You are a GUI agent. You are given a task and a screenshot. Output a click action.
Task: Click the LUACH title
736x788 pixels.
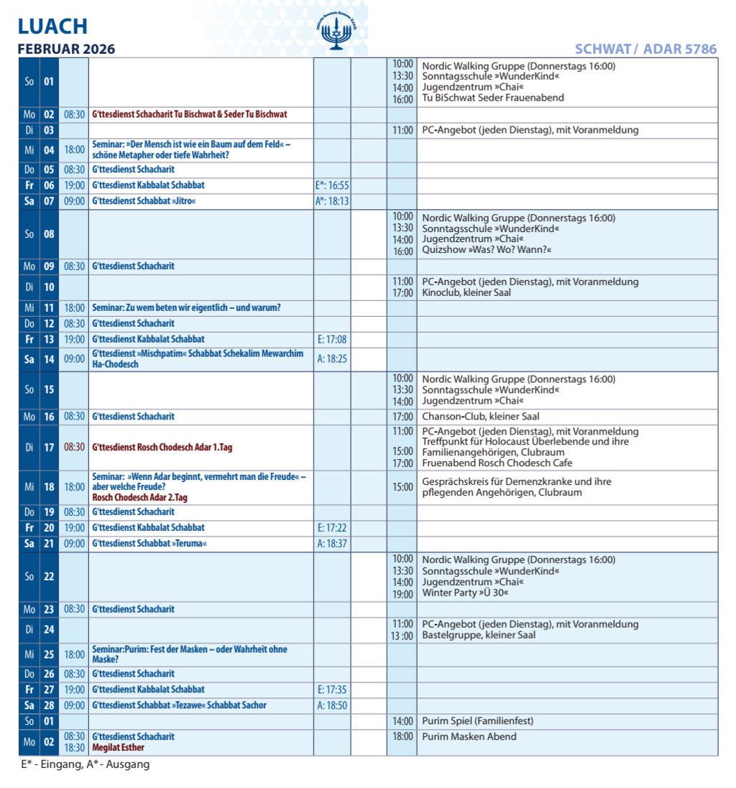[52, 27]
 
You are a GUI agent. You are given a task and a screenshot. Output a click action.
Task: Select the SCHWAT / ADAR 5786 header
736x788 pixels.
[645, 49]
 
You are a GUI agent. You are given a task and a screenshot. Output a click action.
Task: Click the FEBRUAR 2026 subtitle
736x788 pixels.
[66, 49]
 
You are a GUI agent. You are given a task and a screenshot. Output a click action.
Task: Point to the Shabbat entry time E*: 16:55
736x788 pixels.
[332, 185]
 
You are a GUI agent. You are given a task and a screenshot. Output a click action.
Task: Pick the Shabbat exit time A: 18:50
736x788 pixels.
[332, 705]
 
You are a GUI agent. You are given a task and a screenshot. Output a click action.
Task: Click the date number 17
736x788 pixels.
[49, 447]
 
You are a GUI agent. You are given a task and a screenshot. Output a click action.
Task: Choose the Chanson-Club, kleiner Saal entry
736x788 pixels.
[480, 416]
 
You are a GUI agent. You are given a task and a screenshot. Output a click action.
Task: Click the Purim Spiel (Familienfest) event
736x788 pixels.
[477, 720]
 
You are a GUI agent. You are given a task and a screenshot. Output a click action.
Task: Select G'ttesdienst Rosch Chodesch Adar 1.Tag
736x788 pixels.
[162, 447]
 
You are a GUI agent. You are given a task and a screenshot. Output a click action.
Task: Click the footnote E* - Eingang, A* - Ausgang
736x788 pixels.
[85, 764]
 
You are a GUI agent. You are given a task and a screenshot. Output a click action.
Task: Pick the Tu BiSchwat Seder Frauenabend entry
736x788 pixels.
[492, 98]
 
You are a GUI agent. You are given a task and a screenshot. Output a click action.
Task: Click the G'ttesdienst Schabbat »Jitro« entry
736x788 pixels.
[144, 201]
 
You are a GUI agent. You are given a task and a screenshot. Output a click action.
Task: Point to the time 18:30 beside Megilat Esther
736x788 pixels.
[74, 748]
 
